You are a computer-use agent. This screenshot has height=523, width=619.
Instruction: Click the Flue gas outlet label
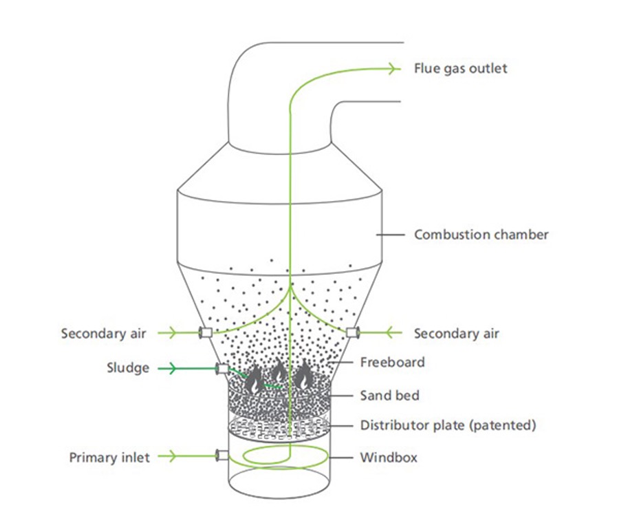pyautogui.click(x=460, y=69)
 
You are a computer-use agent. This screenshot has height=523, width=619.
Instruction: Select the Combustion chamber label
pyautogui.click(x=481, y=235)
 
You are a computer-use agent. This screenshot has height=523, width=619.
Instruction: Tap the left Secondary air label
pyautogui.click(x=103, y=334)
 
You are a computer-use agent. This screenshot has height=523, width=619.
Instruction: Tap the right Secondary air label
pyautogui.click(x=457, y=334)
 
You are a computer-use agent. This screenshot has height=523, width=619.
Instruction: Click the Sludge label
pyautogui.click(x=128, y=368)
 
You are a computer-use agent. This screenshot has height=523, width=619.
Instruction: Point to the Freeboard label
pyautogui.click(x=393, y=362)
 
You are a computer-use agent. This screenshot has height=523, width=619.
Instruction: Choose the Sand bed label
pyautogui.click(x=390, y=396)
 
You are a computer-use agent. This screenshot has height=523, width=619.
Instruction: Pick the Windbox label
pyautogui.click(x=389, y=458)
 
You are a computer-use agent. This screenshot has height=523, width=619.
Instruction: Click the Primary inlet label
pyautogui.click(x=109, y=458)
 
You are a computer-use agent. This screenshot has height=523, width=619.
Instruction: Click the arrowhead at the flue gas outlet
pyautogui.click(x=393, y=69)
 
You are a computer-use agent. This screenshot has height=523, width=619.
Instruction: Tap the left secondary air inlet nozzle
pyautogui.click(x=205, y=332)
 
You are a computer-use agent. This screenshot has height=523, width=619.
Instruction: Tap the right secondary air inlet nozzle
pyautogui.click(x=353, y=332)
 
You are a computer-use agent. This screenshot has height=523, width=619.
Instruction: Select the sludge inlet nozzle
pyautogui.click(x=222, y=369)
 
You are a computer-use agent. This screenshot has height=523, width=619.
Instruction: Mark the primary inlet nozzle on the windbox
pyautogui.click(x=222, y=455)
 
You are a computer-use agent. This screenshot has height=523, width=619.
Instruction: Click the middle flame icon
pyautogui.click(x=279, y=370)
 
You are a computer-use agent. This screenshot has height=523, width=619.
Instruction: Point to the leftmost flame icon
pyautogui.click(x=254, y=379)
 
